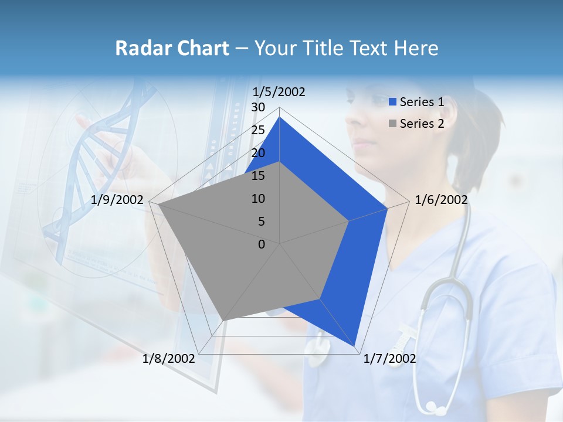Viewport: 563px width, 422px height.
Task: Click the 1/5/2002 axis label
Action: tap(279, 92)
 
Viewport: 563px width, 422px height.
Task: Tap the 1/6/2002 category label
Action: tap(441, 200)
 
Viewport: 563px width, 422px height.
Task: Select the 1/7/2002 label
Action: tap(389, 358)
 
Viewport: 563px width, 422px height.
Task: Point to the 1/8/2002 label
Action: tap(169, 358)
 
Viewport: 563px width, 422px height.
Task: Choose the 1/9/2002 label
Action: tap(117, 200)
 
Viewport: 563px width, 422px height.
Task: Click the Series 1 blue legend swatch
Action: tap(393, 103)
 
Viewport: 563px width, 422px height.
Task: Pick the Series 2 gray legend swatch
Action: tap(393, 124)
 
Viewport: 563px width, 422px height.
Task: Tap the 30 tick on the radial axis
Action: tap(258, 107)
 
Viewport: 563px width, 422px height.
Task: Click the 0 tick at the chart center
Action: tap(262, 244)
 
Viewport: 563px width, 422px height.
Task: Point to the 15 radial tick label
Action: tap(258, 176)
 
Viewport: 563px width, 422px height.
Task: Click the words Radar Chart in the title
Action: tap(172, 48)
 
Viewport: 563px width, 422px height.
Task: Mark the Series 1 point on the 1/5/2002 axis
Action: tap(279, 117)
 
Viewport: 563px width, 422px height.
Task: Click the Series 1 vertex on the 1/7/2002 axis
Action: tap(355, 346)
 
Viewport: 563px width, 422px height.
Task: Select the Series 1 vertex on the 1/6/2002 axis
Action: tap(387, 209)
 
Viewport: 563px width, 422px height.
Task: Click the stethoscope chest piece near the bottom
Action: tap(435, 406)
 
